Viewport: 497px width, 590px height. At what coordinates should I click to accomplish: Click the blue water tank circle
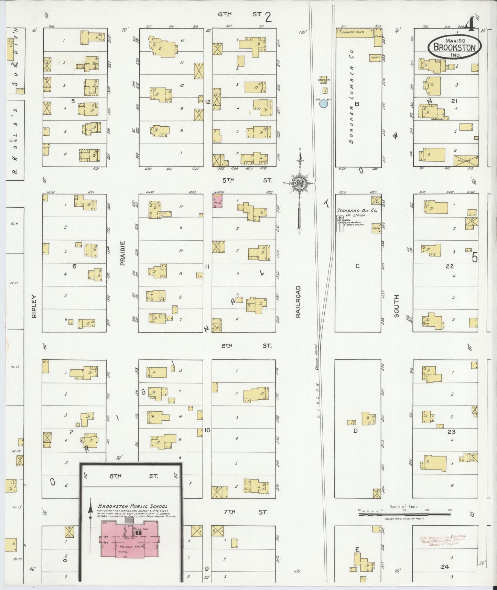[x=323, y=103]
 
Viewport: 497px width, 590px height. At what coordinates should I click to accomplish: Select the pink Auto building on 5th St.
[x=217, y=201]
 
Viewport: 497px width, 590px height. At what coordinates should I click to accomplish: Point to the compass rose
[x=299, y=183]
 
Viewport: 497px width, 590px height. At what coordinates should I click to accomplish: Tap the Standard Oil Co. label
[x=357, y=210]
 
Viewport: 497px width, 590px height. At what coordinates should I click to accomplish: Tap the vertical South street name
[x=396, y=306]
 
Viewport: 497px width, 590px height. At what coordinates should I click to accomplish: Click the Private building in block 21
[x=465, y=160]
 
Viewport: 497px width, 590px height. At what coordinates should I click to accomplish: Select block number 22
[x=450, y=266]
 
